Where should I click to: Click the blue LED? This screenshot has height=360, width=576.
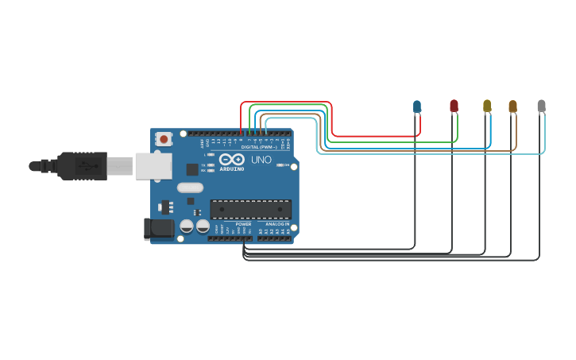417,106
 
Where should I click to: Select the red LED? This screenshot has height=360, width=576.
454,106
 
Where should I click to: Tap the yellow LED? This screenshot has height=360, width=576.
487,106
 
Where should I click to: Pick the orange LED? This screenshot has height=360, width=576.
512,106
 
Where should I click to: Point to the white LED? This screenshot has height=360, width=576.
541,106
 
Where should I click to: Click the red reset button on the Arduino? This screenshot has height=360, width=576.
164,139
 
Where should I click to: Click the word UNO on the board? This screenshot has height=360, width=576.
261,160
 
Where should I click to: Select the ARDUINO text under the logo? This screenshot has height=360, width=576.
232,168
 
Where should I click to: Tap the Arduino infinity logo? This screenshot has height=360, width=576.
232,160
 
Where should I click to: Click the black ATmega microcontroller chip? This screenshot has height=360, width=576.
250,209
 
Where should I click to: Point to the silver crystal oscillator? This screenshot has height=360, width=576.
190,188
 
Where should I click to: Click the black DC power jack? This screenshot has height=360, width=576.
157,229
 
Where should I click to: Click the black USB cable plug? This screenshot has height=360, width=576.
79,166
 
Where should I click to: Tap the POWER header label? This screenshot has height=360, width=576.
243,224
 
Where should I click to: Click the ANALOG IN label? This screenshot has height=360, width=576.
277,224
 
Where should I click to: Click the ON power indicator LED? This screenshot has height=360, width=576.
280,166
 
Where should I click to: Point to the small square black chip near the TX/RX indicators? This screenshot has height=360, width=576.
192,169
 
